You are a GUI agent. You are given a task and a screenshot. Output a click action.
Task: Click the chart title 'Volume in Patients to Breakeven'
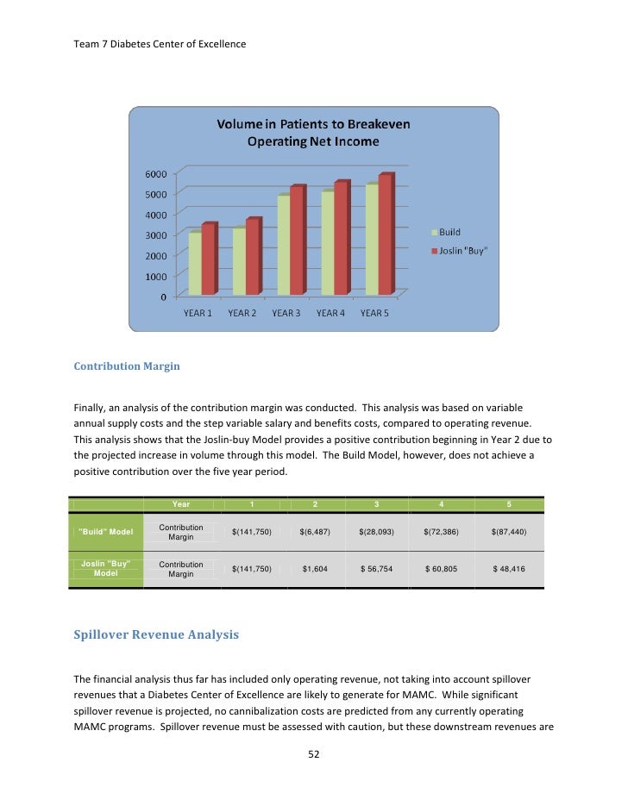(x=313, y=125)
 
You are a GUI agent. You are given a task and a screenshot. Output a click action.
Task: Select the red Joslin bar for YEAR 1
(x=207, y=259)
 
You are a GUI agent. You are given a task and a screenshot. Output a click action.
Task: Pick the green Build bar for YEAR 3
(x=283, y=245)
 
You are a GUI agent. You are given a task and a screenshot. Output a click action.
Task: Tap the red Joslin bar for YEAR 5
(x=384, y=234)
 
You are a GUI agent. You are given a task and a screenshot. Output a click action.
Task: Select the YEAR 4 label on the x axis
(x=330, y=314)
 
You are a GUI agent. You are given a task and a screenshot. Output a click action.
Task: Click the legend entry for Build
(x=446, y=233)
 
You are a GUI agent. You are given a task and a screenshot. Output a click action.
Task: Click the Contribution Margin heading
(x=127, y=366)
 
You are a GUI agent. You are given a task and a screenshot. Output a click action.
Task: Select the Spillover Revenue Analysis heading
(x=156, y=635)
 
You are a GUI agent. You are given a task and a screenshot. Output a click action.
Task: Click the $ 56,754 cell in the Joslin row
(x=377, y=570)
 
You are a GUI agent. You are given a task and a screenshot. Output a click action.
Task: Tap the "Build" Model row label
(x=106, y=532)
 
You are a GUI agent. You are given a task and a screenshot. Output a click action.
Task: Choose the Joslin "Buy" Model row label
(x=106, y=569)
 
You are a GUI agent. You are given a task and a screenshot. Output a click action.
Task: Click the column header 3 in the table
(x=376, y=504)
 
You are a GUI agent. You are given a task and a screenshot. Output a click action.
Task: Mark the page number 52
(x=314, y=754)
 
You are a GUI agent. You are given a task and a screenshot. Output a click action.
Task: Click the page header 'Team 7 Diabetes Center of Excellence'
(x=160, y=44)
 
